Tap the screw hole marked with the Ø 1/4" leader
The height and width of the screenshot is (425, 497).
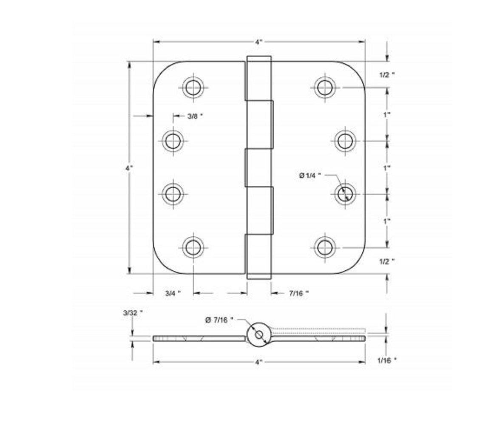pos(345,194)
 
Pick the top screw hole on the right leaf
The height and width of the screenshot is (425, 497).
pos(324,88)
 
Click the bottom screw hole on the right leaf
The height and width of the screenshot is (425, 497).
pos(324,247)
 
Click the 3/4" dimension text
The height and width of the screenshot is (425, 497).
pos(173,293)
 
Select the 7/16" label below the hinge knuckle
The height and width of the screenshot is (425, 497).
pos(298,293)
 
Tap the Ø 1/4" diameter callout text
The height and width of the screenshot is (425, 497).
pos(310,175)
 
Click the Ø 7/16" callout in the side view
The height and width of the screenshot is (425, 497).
pos(219,320)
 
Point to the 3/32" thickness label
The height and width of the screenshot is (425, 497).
pos(133,313)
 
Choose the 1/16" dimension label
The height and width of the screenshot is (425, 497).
pos(386,360)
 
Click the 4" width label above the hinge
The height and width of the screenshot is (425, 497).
pos(259,42)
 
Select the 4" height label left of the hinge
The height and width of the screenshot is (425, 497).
pos(129,168)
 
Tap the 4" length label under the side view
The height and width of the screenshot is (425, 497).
pos(259,362)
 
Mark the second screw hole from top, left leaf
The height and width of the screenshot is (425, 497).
pos(173,141)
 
